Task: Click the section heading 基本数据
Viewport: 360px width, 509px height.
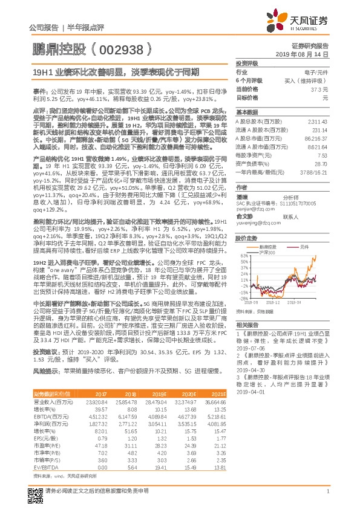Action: [247, 112]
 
